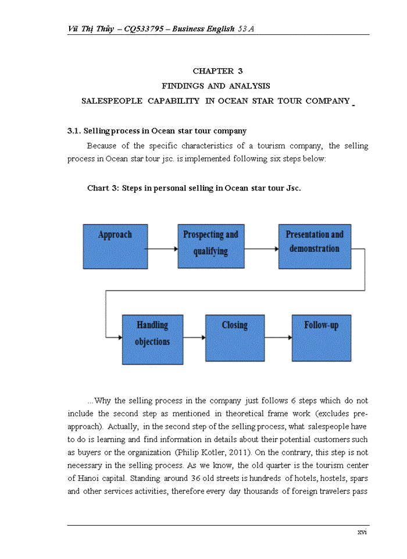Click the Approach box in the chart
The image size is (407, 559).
[115, 246]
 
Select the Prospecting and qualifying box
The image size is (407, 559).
[210, 246]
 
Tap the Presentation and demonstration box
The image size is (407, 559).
[315, 246]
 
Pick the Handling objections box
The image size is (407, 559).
[152, 339]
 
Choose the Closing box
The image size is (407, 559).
[235, 338]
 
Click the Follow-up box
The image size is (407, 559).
[321, 338]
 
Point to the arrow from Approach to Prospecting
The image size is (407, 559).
[162, 249]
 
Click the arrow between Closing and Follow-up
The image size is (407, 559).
[278, 337]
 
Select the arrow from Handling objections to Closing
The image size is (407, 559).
[194, 337]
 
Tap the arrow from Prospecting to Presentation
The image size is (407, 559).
[261, 249]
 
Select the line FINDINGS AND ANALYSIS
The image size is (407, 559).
[216, 86]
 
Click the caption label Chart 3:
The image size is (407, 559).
[103, 188]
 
